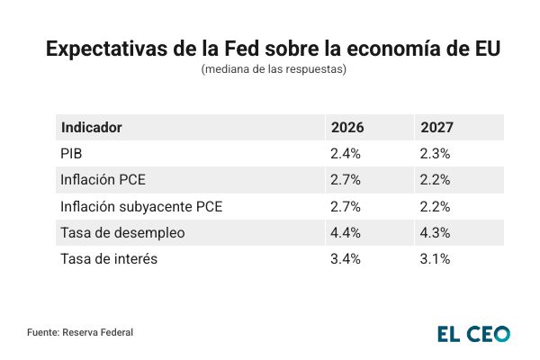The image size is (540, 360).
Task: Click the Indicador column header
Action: pos(91,128)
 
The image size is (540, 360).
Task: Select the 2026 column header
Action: pos(347,128)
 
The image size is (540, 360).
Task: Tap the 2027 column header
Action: pos(436,128)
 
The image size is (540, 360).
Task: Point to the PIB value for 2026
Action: pos(346,154)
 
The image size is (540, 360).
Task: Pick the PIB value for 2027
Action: pos(435,154)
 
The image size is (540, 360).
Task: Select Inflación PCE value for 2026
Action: pos(346,180)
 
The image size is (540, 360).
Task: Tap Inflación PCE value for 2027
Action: pos(435,180)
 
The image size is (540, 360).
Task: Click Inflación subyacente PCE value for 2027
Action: pos(435,206)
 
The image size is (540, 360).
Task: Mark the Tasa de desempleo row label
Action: pos(122,232)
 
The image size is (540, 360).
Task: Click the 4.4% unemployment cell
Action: pos(346,232)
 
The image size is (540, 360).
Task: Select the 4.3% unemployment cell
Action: pos(435,232)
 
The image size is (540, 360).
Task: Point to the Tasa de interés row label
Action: pos(109,259)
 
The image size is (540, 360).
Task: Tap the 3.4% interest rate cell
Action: pos(346,259)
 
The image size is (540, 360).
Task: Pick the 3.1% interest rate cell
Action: pos(435,259)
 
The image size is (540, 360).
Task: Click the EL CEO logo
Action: pos(473,333)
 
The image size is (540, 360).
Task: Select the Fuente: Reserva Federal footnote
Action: pos(80,333)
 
